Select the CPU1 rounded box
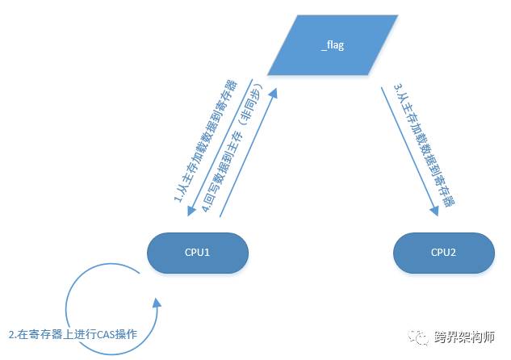coord(198,253)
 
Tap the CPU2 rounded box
coord(444,253)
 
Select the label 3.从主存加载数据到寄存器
coord(423,145)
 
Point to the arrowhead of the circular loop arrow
coord(155,303)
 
